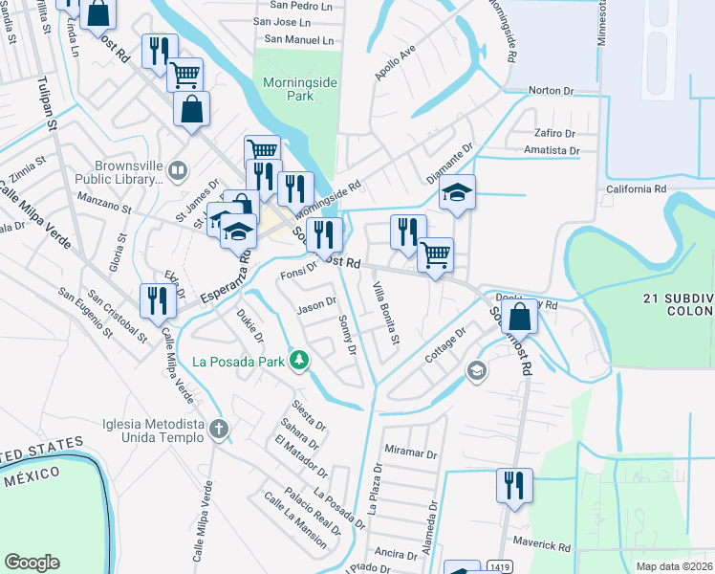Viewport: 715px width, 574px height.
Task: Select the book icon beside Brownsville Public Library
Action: tap(177, 171)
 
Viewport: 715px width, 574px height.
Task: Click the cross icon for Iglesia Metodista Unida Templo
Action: tap(219, 430)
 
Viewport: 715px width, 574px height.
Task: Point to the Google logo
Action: tap(32, 563)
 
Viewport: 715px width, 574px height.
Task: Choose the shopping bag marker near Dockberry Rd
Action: tap(519, 316)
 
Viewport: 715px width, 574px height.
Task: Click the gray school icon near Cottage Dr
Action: tap(476, 369)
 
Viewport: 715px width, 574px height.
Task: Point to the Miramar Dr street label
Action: tap(410, 454)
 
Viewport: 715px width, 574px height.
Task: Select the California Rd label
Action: tap(636, 189)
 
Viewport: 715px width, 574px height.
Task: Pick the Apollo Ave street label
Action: tap(395, 61)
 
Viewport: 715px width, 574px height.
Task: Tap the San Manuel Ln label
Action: tap(299, 40)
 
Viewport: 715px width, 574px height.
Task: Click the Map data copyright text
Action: tap(674, 566)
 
